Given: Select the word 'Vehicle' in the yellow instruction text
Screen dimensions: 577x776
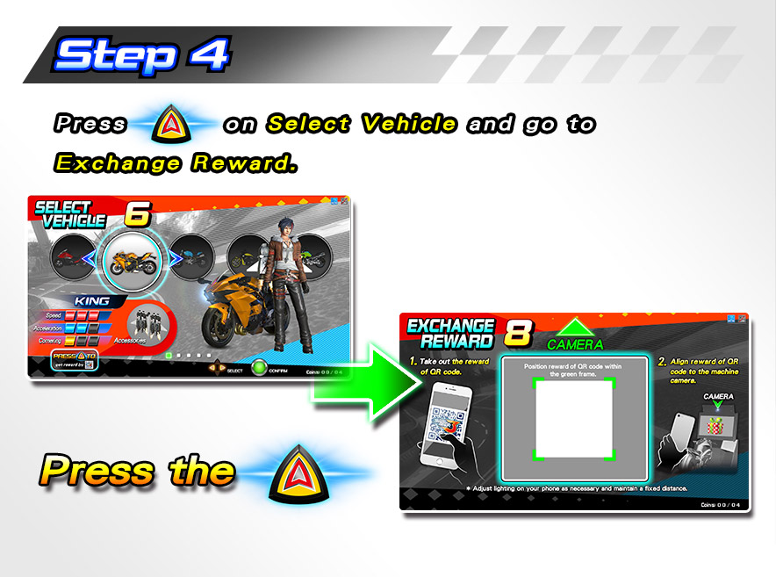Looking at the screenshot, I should point(409,124).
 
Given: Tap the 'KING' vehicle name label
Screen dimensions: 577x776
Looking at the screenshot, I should point(91,300).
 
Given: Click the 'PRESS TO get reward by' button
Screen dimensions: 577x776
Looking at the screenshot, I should point(74,361).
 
